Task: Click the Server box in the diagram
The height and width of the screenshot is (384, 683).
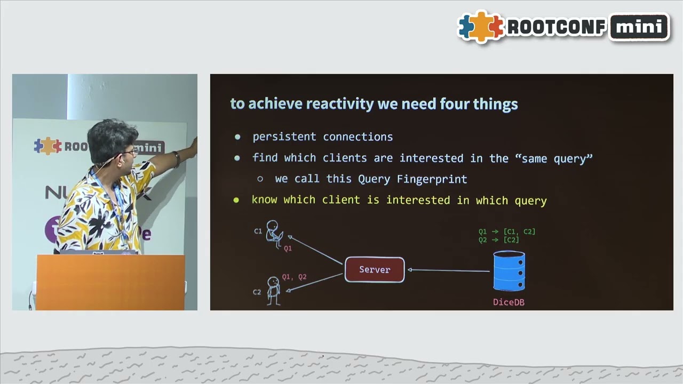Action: coord(375,270)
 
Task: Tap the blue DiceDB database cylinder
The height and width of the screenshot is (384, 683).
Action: coord(509,271)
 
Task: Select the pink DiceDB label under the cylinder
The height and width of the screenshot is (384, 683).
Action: coord(509,302)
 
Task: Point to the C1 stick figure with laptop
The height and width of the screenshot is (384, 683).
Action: coord(274,234)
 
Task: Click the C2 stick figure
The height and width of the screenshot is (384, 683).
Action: coord(273,291)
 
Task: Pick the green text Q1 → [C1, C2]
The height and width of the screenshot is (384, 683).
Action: coord(506,231)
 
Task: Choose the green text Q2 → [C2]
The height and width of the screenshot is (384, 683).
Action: coord(498,240)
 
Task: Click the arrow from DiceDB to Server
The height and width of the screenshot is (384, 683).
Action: coord(448,270)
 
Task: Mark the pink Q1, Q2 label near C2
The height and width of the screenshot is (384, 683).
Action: coord(294,277)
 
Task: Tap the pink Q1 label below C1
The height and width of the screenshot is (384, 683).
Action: coord(288,249)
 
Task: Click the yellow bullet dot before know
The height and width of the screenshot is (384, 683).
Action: coord(236,201)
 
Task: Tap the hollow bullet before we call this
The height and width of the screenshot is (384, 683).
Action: coord(260,179)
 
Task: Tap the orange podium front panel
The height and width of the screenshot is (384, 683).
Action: coord(110,282)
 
